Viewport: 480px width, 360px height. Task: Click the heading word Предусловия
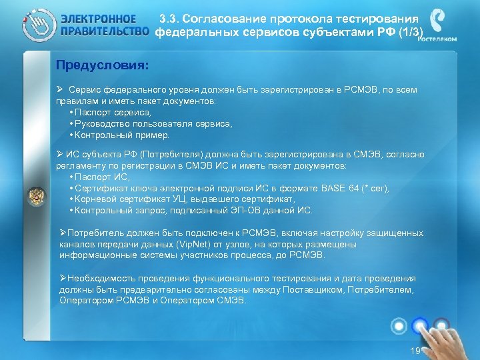(102, 66)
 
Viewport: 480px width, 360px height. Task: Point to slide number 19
(416, 351)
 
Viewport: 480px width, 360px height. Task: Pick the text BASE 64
(340, 188)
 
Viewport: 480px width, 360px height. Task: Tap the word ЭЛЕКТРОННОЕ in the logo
(99, 19)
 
